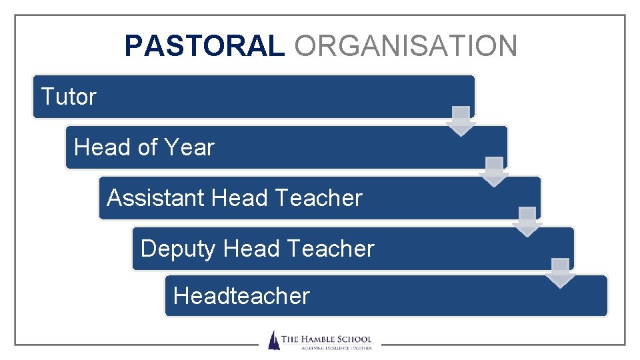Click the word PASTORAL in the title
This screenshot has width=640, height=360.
pyautogui.click(x=203, y=46)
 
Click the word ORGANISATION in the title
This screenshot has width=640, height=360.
pyautogui.click(x=405, y=46)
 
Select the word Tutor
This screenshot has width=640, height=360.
pyautogui.click(x=69, y=97)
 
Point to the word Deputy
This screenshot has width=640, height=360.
pyautogui.click(x=178, y=249)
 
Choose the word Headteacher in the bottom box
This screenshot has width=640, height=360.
pyautogui.click(x=241, y=295)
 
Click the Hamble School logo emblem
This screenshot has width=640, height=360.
pyautogui.click(x=273, y=340)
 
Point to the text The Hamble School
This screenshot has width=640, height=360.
pyautogui.click(x=326, y=339)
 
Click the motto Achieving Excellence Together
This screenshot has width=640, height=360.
pyautogui.click(x=326, y=348)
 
